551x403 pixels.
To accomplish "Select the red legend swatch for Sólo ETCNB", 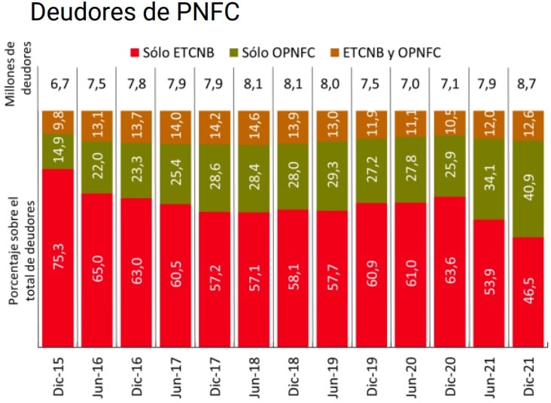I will click(135, 53).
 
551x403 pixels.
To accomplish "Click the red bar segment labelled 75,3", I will click(58, 257).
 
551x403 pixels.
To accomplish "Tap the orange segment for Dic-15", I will click(58, 121).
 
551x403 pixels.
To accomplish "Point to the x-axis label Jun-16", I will click(97, 377).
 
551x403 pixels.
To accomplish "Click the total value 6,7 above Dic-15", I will click(58, 82).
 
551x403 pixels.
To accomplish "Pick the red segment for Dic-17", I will click(213, 279).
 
